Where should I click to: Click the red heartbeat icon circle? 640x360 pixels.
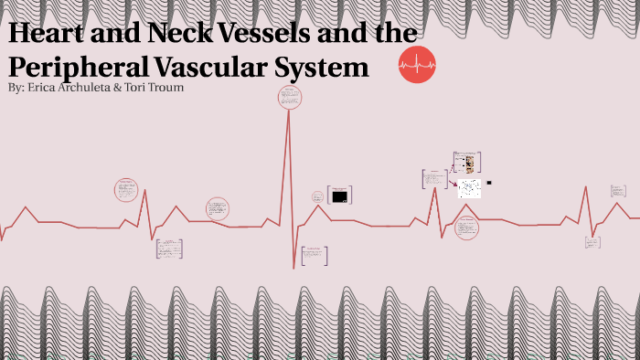(x=417, y=64)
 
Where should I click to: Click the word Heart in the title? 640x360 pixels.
(x=47, y=34)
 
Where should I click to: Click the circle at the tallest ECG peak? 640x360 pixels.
(x=289, y=98)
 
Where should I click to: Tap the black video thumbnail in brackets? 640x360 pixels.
(x=339, y=196)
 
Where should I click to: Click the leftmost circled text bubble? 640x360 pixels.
(x=126, y=190)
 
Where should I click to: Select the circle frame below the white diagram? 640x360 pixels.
(x=467, y=228)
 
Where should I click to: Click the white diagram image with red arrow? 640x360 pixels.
(x=469, y=188)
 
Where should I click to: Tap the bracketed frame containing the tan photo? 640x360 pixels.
(x=467, y=164)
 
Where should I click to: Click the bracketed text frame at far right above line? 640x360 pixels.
(x=619, y=191)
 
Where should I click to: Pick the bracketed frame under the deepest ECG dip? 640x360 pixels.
(x=314, y=255)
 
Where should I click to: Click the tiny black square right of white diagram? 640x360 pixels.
(x=489, y=183)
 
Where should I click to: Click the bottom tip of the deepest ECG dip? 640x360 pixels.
(x=294, y=268)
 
